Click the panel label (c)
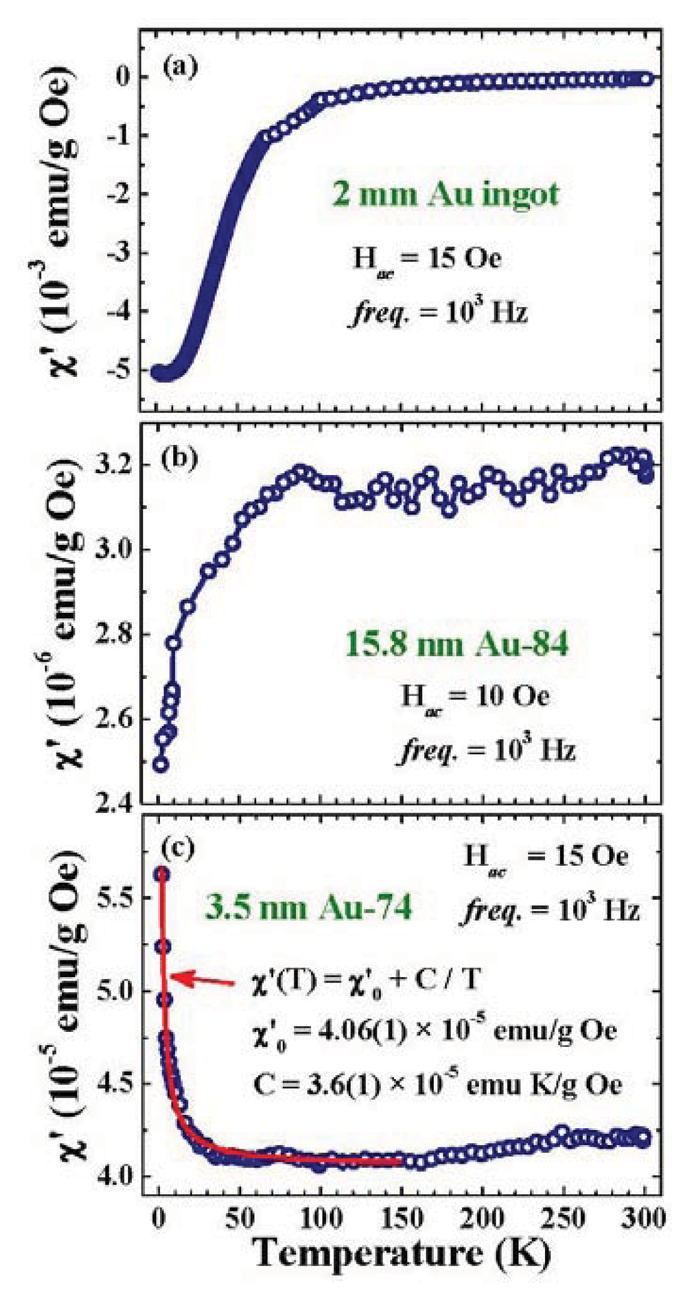click(179, 848)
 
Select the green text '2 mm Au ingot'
click(445, 194)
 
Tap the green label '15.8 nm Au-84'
click(457, 645)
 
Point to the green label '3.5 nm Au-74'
click(309, 907)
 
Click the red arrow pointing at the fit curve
click(202, 980)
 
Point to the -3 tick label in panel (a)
click(117, 253)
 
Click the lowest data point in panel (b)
click(160, 765)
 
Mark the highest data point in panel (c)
click(161, 874)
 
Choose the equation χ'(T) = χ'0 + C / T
click(366, 980)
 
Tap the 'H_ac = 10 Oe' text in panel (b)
click(475, 697)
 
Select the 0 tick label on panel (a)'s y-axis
click(125, 77)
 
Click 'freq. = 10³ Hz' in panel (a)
click(438, 313)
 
